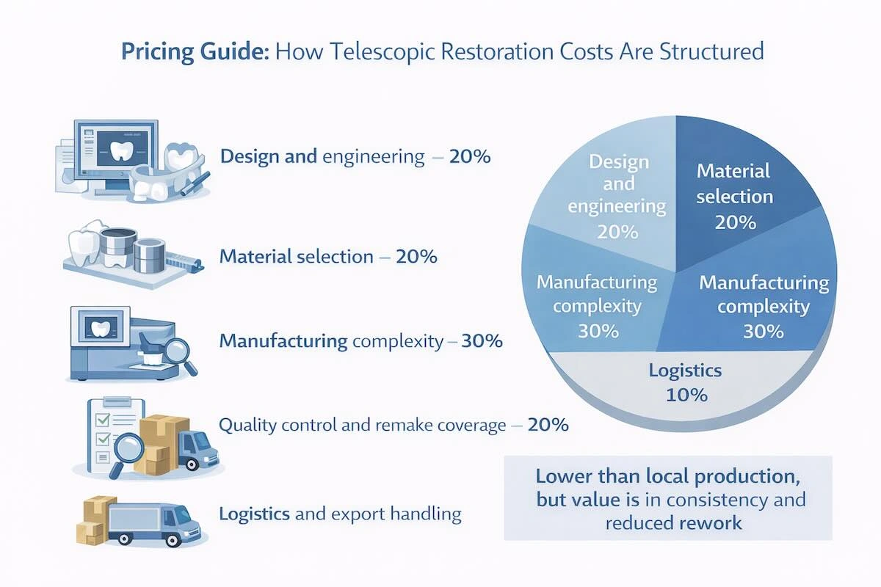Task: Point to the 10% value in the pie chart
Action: click(x=686, y=395)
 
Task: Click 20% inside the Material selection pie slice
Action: click(x=735, y=221)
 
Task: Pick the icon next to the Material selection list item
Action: click(x=132, y=249)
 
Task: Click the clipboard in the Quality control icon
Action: click(x=106, y=433)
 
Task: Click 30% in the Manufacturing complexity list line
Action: click(x=481, y=341)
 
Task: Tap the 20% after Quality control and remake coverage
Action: click(x=548, y=424)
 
